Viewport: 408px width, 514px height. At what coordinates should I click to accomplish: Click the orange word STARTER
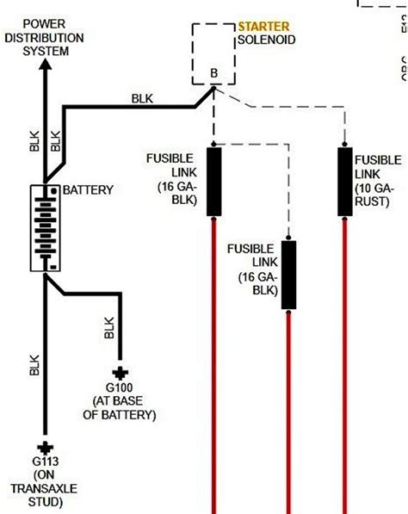coord(263,28)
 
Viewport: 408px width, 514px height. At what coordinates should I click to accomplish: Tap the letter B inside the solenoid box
coord(214,74)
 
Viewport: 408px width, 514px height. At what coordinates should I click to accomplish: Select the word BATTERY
coord(89,189)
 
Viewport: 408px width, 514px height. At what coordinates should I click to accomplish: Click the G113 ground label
coord(44,462)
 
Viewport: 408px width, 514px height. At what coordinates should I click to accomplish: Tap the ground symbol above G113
coord(45,449)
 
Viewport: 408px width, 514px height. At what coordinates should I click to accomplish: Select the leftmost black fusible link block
coord(213,181)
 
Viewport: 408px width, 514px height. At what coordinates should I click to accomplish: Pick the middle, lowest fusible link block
coord(289,274)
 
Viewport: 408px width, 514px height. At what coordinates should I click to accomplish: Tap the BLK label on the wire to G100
coord(109,327)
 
